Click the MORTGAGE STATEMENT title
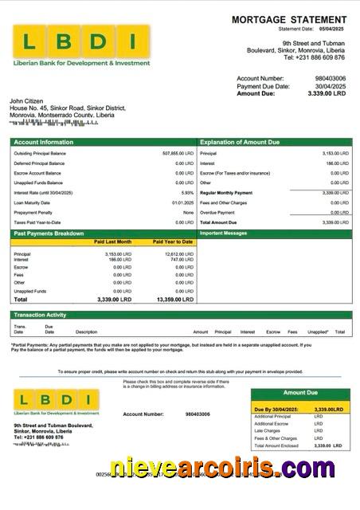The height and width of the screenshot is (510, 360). (x=289, y=19)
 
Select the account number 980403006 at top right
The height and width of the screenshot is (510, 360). (x=331, y=78)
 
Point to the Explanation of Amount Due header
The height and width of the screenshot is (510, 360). (x=240, y=142)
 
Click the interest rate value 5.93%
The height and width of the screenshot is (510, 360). (x=187, y=193)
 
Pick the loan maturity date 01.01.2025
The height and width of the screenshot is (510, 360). (x=183, y=202)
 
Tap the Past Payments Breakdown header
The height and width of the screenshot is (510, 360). (x=49, y=233)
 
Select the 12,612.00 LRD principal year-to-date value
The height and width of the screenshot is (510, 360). (x=177, y=254)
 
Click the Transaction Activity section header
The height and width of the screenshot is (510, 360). (x=40, y=315)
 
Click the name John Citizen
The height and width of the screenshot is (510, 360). (x=27, y=101)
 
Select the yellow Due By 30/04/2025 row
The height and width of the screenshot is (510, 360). (x=300, y=409)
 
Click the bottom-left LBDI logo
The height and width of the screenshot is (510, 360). (x=56, y=401)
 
